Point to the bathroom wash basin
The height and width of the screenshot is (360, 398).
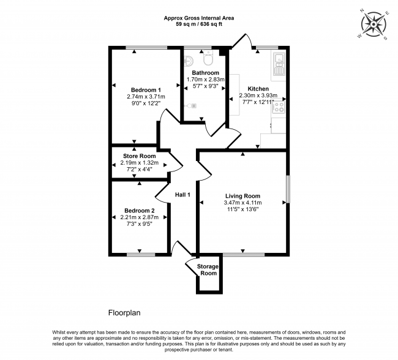pyautogui.click(x=189, y=61)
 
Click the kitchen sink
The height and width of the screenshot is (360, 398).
pyautogui.click(x=280, y=62)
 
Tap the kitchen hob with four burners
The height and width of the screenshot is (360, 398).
pyautogui.click(x=279, y=108)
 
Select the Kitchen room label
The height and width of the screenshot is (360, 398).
pyautogui.click(x=258, y=89)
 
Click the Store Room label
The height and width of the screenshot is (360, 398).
pyautogui.click(x=139, y=156)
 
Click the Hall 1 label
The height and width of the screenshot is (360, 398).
pyautogui.click(x=184, y=195)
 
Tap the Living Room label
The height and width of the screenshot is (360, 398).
pyautogui.click(x=242, y=196)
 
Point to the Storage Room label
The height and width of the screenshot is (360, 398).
pyautogui.click(x=208, y=269)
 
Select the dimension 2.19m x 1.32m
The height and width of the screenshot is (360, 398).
pyautogui.click(x=139, y=163)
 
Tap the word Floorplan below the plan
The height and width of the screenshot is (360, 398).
pyautogui.click(x=124, y=312)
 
